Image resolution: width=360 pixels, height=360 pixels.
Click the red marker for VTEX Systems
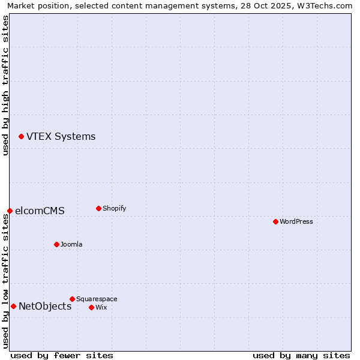point(21,137)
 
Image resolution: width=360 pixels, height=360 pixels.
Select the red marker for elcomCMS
point(10,211)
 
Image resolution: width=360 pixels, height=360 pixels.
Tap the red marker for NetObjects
point(13,306)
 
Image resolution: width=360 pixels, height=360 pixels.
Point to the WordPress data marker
point(275,221)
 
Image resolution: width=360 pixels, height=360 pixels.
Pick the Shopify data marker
point(98,208)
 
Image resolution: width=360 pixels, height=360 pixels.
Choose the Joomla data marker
point(56,244)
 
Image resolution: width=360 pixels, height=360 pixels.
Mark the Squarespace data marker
point(72,299)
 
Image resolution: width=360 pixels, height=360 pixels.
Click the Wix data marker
point(91,307)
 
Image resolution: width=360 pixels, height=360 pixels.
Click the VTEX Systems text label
point(61,137)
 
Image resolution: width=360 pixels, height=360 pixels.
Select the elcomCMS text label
point(40,211)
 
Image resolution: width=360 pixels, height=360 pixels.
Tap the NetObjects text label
point(45,307)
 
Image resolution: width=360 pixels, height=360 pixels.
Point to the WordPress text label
point(296,222)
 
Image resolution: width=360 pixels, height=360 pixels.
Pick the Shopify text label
point(114,209)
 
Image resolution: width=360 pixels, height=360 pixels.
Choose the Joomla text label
point(71,245)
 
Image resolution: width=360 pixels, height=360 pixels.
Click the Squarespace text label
point(97,299)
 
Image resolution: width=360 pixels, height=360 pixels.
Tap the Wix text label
point(101,308)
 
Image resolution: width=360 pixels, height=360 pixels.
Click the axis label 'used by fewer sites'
point(62,355)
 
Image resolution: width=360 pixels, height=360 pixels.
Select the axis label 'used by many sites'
point(301,355)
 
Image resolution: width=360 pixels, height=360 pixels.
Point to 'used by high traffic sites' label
point(5,85)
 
